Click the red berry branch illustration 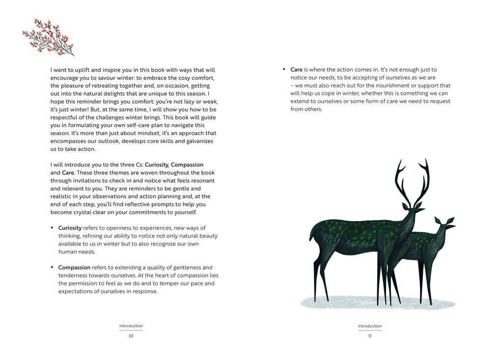(x=48, y=37)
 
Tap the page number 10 (x=131, y=336)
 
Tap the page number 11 (x=369, y=336)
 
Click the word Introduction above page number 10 (x=131, y=326)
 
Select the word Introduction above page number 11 (x=369, y=326)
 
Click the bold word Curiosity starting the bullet (x=70, y=228)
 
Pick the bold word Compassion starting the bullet (x=74, y=267)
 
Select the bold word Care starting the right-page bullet (x=296, y=70)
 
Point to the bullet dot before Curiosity (x=52, y=228)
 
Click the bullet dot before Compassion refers (x=52, y=267)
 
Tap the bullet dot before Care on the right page (x=284, y=70)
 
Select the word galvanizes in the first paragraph (x=198, y=141)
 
